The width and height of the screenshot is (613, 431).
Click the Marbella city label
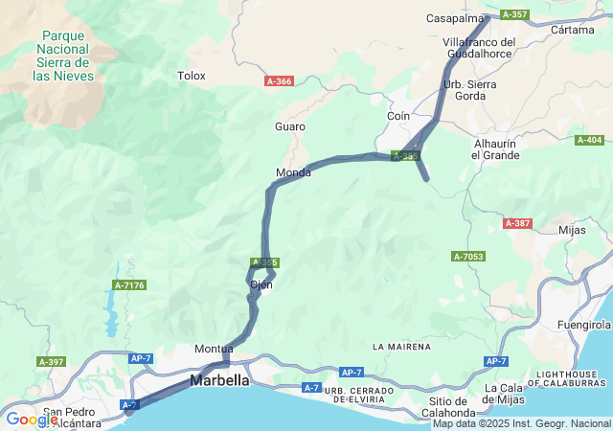(219, 380)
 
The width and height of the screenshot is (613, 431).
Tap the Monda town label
(293, 172)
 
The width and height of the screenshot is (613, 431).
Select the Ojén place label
(261, 284)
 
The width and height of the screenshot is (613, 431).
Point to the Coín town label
(398, 116)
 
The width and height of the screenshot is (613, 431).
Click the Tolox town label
(192, 75)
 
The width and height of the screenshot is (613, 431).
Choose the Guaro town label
(290, 126)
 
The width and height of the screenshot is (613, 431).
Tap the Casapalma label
(455, 18)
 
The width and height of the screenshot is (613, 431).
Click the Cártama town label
(573, 30)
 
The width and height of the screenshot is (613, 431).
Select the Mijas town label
(571, 230)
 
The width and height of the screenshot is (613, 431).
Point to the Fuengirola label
(584, 326)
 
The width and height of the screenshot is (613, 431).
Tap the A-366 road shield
(278, 81)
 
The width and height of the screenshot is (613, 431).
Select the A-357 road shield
(514, 14)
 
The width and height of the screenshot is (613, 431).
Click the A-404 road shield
(589, 140)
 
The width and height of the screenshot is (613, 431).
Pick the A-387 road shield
(516, 223)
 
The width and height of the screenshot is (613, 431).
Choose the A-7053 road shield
(468, 257)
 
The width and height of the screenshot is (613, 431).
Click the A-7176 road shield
(128, 284)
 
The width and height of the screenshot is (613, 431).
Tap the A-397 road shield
(52, 362)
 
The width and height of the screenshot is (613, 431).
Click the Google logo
(32, 419)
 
